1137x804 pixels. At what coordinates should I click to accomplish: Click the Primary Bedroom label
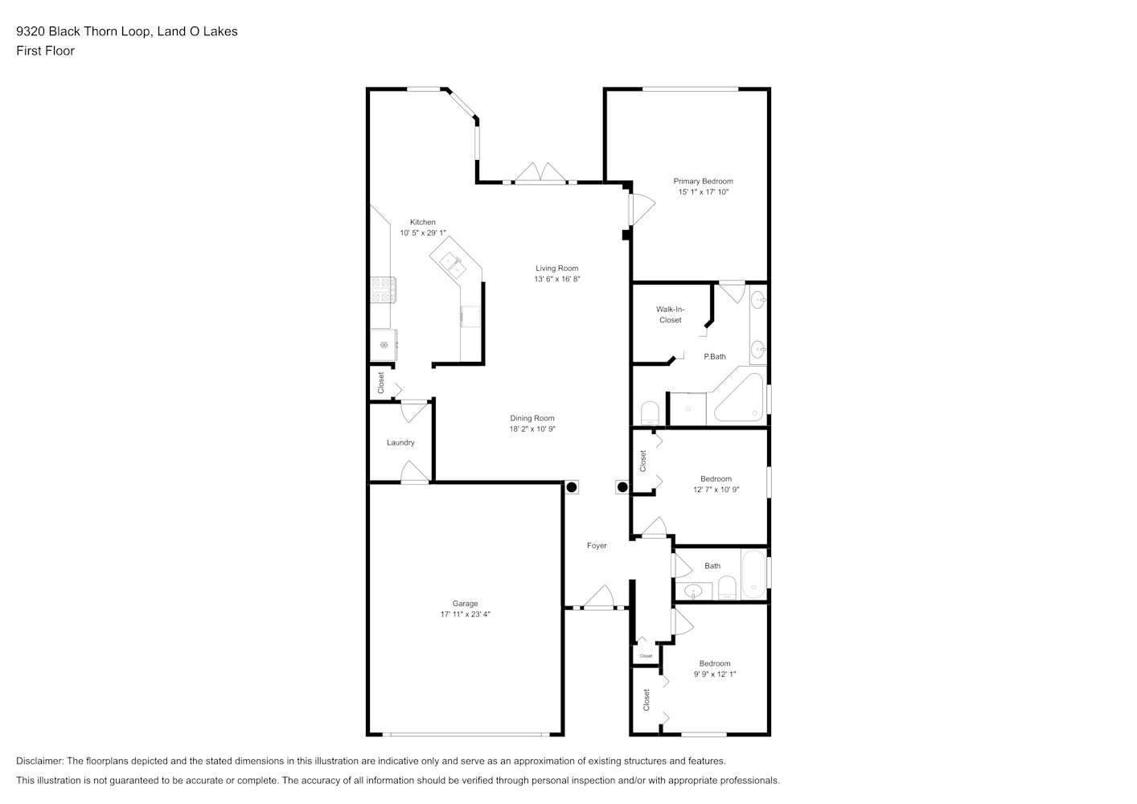[703, 181]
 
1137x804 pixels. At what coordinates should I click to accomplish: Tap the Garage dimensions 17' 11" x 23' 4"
[465, 614]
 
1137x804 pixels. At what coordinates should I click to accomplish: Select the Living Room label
[556, 268]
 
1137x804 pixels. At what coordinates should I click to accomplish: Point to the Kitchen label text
[423, 222]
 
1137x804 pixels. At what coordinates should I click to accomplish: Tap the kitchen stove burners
[383, 289]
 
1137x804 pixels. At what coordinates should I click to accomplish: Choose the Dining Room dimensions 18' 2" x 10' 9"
[532, 429]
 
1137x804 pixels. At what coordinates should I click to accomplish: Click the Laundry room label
[400, 443]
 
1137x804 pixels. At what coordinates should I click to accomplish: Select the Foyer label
[597, 546]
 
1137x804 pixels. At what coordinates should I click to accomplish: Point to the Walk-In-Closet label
[670, 314]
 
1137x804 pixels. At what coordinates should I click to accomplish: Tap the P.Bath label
[715, 356]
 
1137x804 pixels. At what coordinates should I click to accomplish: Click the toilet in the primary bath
[650, 413]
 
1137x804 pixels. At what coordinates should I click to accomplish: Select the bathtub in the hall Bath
[753, 574]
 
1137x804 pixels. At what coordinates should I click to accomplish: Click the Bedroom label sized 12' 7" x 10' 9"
[716, 478]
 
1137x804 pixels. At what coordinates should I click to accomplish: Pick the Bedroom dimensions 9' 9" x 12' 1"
[715, 674]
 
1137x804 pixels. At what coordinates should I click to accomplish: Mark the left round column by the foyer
[572, 487]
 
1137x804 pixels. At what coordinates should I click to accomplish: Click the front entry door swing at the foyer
[599, 597]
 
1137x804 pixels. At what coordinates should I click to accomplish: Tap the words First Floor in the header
[45, 51]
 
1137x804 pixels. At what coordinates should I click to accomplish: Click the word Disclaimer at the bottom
[40, 761]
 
